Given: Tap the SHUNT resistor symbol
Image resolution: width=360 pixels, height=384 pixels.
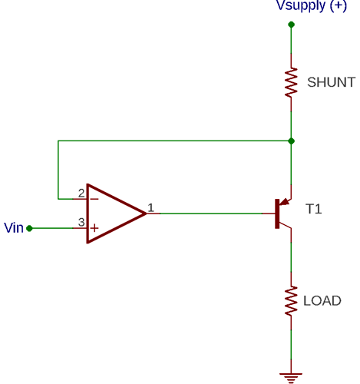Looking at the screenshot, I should click(291, 82).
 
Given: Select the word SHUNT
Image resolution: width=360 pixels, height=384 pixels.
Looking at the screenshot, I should click(331, 82).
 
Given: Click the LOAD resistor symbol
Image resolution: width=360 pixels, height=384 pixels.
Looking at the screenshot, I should click(291, 300).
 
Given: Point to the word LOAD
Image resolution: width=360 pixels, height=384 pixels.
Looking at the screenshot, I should click(322, 300).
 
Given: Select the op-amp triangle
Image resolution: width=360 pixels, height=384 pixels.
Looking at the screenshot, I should click(112, 214).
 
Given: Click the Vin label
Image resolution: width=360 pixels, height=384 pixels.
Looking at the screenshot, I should click(14, 228).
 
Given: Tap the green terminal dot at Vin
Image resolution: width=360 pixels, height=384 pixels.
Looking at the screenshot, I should click(29, 228).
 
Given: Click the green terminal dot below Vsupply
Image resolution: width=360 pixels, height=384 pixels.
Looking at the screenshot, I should click(291, 25).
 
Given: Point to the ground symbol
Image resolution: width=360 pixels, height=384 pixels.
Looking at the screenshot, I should click(291, 376).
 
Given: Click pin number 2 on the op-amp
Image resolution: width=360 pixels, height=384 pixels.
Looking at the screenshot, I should click(81, 193).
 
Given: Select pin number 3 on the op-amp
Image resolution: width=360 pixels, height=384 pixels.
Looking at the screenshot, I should click(81, 223).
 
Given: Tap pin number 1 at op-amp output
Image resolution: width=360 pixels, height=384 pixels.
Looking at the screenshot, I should click(150, 207).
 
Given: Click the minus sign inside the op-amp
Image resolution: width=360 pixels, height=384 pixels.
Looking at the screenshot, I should click(94, 198).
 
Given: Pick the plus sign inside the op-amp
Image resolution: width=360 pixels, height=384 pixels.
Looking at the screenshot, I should click(94, 228).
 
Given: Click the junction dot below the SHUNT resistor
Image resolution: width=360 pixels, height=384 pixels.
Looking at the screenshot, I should click(291, 141).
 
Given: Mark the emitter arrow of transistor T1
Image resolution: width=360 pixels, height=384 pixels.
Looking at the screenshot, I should click(286, 202).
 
